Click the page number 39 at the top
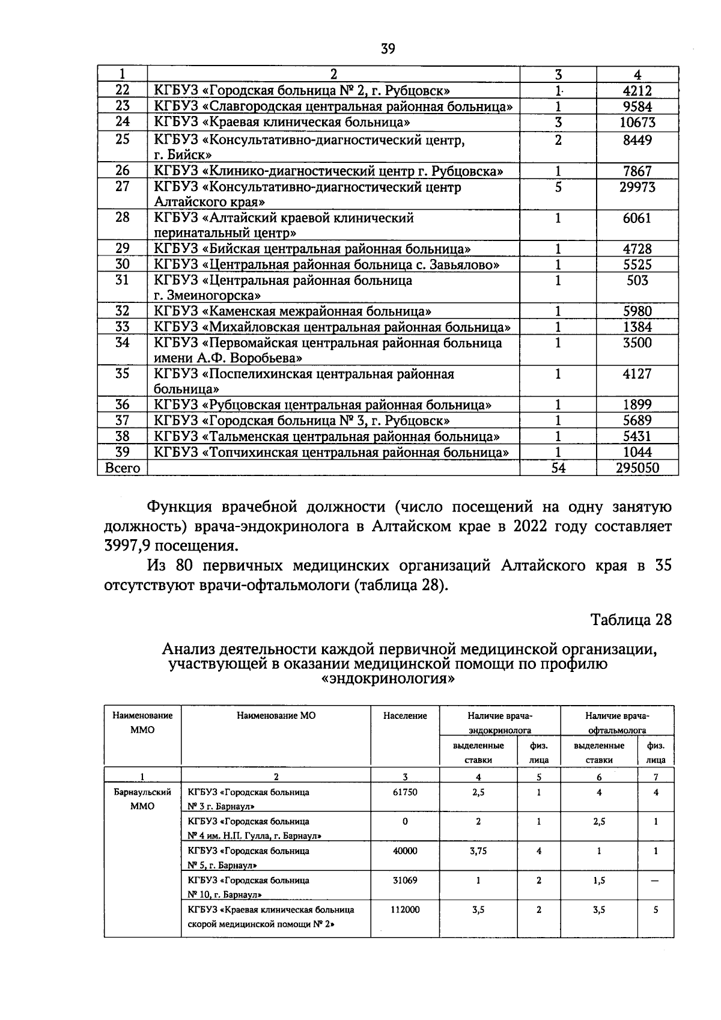388,49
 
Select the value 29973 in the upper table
637,187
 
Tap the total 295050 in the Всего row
637,468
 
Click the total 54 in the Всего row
558,468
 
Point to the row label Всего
122,468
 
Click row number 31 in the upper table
122,280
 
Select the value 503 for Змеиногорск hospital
637,280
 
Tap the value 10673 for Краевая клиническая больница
637,123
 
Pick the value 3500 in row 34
637,343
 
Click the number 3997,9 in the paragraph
127,546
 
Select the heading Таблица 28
630,620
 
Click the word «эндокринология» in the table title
388,679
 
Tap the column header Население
405,715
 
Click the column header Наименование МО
276,715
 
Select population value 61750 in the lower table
405,792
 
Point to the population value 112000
405,909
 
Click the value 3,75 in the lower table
478,851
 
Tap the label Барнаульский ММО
142,799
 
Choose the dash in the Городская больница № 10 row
656,881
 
